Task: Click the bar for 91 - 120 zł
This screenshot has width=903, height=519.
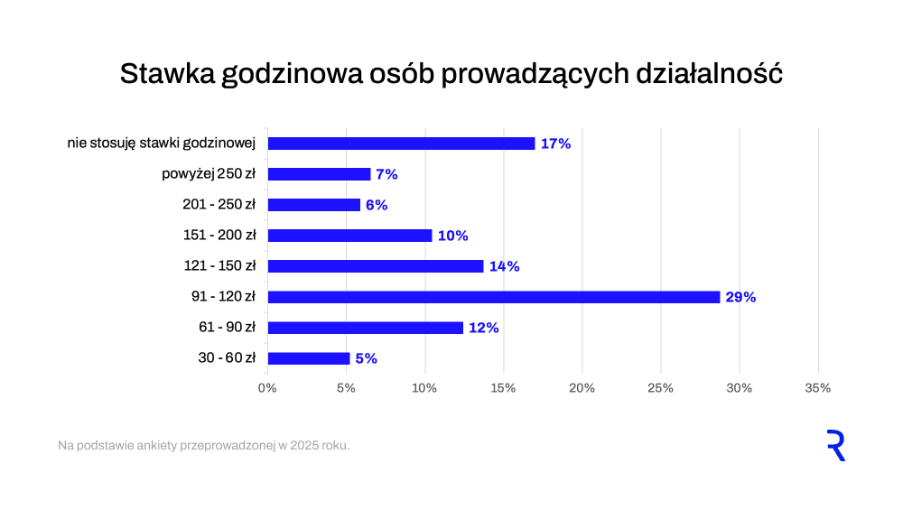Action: (x=493, y=297)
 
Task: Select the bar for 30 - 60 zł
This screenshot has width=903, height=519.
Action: (x=309, y=358)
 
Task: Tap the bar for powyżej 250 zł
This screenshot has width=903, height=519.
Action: (x=319, y=174)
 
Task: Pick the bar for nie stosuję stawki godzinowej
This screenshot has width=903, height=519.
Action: (x=401, y=144)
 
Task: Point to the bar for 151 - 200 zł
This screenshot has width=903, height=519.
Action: (x=349, y=236)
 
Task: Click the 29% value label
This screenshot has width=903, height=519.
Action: (x=740, y=297)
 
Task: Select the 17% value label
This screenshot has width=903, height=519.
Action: (x=555, y=144)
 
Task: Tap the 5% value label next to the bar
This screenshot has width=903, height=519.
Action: (x=366, y=358)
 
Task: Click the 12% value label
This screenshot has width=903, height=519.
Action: (x=483, y=328)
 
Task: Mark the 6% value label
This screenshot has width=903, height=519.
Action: (x=377, y=205)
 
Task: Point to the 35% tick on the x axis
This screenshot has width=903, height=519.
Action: (x=817, y=388)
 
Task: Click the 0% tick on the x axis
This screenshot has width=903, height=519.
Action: (x=267, y=388)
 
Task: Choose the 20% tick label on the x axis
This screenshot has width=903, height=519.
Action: (x=582, y=388)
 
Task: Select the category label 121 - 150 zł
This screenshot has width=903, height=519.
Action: (x=219, y=266)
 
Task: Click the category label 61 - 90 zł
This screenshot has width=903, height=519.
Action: (x=227, y=328)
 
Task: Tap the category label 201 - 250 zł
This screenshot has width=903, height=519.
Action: (x=219, y=205)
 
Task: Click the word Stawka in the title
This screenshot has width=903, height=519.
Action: (x=165, y=74)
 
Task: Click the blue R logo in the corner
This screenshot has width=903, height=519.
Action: (x=836, y=446)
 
